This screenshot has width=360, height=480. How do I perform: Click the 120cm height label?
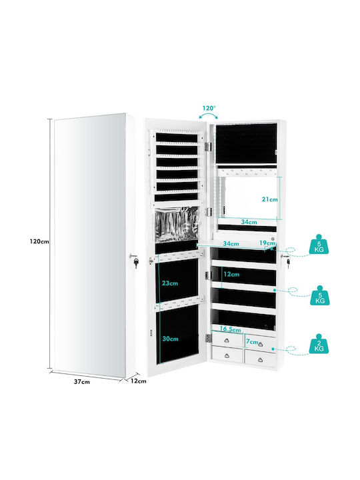coord(39,241)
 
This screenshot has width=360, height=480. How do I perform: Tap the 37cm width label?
coord(82,382)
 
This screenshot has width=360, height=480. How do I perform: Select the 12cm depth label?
coord(139,381)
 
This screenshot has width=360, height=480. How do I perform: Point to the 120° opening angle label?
coord(209,108)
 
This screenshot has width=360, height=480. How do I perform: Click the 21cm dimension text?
coord(270,199)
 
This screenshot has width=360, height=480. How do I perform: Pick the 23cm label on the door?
coord(170,283)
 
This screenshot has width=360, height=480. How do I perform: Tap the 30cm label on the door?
coord(170,339)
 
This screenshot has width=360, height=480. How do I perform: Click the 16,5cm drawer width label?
coord(230,329)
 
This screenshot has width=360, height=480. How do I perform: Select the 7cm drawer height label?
coord(251,341)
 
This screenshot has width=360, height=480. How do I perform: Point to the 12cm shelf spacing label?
coord(231,274)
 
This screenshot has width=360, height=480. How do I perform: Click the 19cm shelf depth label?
coord(267,243)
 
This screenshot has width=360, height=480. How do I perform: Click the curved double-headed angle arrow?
coord(208,115)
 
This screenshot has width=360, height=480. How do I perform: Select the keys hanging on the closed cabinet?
coord(134,259)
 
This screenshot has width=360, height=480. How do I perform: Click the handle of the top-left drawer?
coord(227,341)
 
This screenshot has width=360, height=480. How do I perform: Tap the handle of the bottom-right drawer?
coord(260,360)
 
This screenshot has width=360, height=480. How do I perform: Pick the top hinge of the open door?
coord(208,146)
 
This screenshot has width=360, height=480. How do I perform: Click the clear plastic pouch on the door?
coord(177,225)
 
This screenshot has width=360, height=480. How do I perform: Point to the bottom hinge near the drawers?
coord(209,338)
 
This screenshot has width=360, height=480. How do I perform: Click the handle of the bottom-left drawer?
coord(227,355)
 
